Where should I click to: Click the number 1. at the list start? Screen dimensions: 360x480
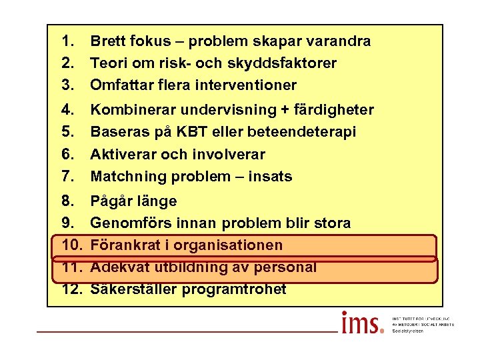point(67,41)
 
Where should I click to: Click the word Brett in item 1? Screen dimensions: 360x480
point(109,41)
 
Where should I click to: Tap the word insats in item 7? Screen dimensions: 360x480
point(271,177)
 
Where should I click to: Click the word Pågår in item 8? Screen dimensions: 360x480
point(111,201)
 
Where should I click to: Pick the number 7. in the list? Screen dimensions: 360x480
point(67,177)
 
